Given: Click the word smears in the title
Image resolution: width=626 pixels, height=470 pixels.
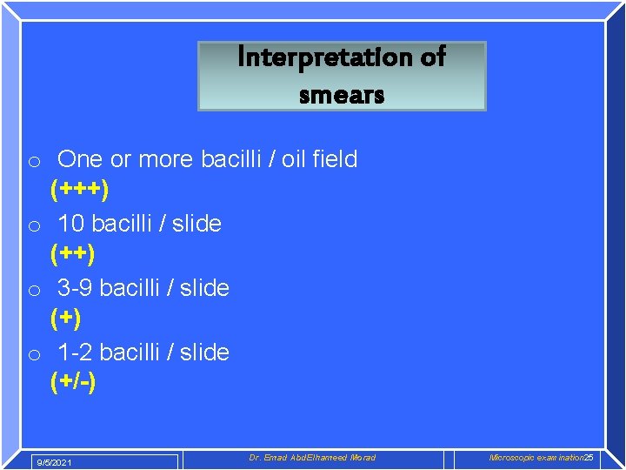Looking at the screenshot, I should click(342, 94).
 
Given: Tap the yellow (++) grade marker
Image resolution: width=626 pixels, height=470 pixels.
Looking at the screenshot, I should click(72, 253).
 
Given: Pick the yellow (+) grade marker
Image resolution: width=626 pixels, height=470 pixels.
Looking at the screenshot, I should click(65, 318).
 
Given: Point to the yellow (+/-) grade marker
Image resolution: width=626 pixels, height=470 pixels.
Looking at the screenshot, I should click(73, 382).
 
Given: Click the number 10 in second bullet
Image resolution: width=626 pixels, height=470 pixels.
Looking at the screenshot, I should click(70, 224).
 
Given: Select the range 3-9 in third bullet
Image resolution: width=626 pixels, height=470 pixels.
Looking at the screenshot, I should click(77, 288).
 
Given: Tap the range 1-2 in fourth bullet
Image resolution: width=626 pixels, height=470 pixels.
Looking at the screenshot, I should click(76, 352).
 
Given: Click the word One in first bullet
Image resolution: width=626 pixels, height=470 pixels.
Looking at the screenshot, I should click(80, 159).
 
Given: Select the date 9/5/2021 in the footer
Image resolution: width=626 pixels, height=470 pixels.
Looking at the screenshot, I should click(53, 462).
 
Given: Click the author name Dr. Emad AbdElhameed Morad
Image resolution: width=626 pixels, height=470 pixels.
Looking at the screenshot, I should click(312, 458).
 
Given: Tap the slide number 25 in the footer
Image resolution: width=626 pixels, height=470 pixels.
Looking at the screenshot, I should click(589, 458).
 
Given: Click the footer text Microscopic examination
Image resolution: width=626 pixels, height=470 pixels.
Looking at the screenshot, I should click(536, 458).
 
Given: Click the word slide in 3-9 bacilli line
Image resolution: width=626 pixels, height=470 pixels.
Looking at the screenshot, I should click(204, 288).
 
